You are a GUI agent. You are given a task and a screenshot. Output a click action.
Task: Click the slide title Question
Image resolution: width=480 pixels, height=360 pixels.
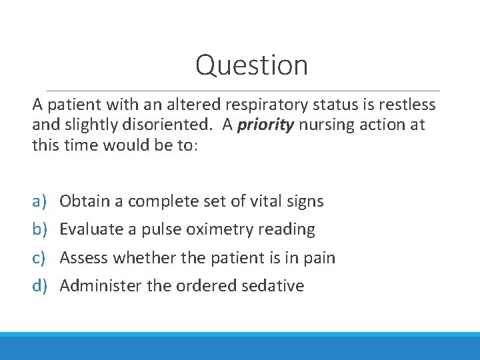click(x=251, y=65)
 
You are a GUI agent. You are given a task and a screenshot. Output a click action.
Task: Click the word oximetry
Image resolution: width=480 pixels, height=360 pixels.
click(x=217, y=229)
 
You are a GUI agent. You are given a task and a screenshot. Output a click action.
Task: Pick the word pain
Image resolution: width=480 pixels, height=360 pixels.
click(x=319, y=258)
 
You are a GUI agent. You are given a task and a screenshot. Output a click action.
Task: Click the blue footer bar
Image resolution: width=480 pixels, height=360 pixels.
click(x=240, y=346)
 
